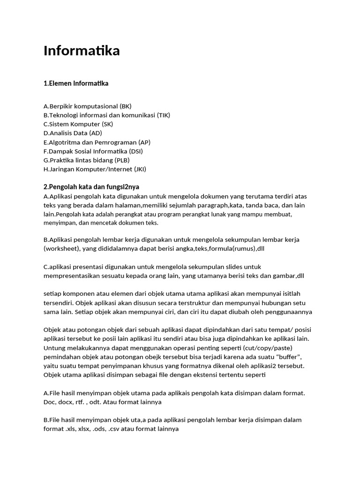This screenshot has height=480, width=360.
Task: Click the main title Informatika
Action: [x=82, y=51]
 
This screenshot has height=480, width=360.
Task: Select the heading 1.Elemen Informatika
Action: [x=75, y=83]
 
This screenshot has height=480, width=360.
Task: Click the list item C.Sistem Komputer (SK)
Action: [x=78, y=124]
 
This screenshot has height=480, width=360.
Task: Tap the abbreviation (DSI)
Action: [x=135, y=151]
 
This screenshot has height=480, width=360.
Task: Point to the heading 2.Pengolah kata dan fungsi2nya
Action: [x=88, y=187]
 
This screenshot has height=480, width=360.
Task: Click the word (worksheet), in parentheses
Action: [x=62, y=248]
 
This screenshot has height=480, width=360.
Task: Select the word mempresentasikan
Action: [x=75, y=276]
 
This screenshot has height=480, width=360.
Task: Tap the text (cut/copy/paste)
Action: [x=267, y=348]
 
